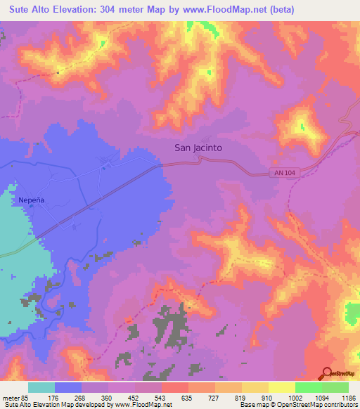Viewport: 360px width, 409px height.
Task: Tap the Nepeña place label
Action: click(x=27, y=200)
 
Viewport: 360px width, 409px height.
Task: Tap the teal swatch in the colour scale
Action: click(x=41, y=387)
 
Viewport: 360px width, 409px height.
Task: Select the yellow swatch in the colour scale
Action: click(x=282, y=387)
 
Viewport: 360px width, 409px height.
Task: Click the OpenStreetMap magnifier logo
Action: click(x=327, y=374)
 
